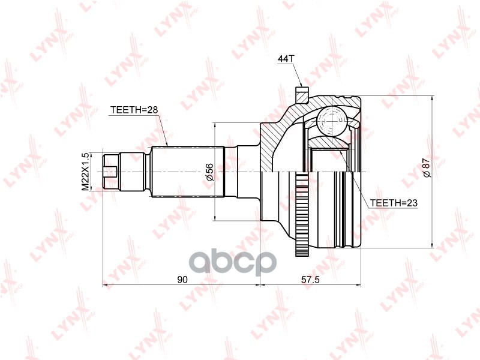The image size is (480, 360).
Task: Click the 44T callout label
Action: (x=285, y=59)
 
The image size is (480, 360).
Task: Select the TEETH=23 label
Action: (x=393, y=203)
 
